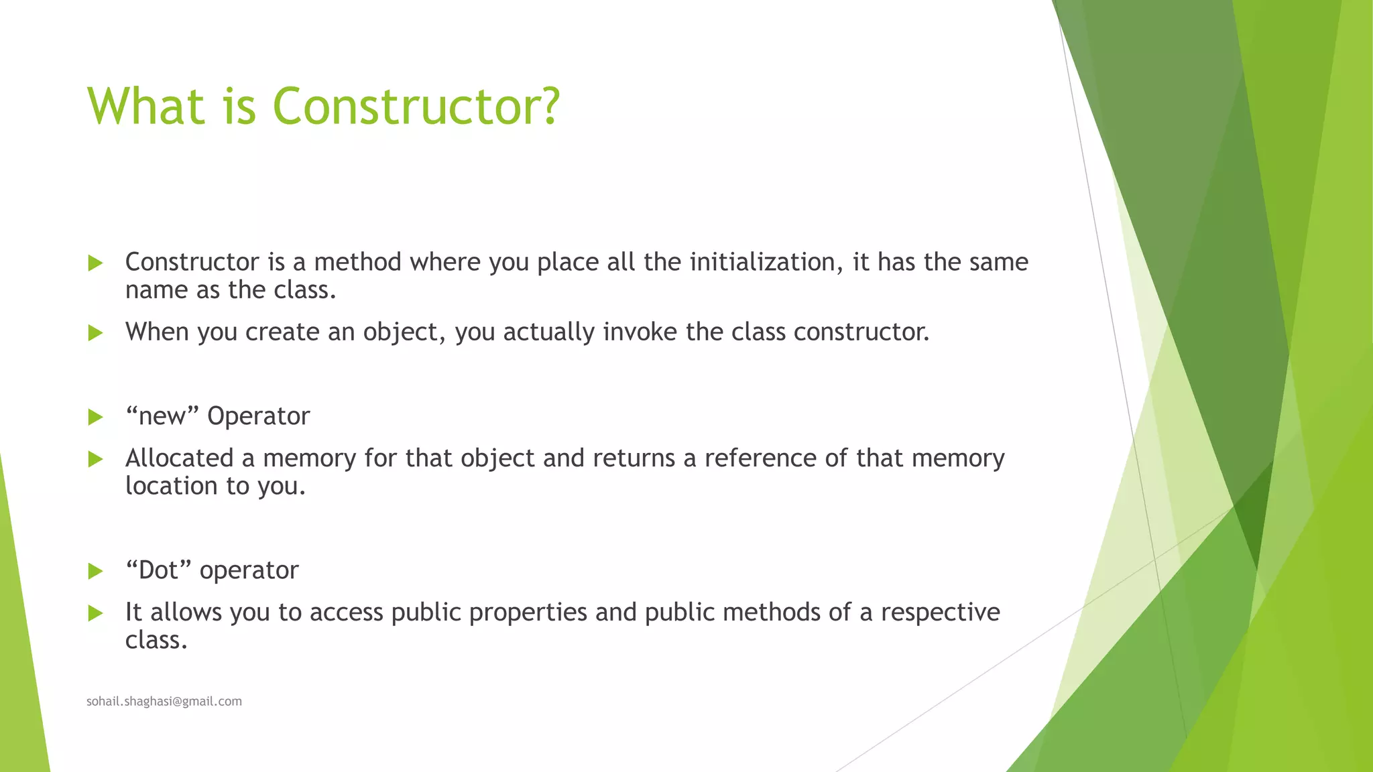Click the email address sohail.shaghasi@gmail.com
coord(164,701)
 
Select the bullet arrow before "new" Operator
coord(95,417)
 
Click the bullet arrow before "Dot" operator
coord(95,571)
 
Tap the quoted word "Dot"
coord(158,570)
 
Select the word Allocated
coord(179,458)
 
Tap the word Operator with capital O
coord(258,417)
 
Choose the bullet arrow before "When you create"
coord(95,332)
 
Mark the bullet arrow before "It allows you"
coord(95,613)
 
